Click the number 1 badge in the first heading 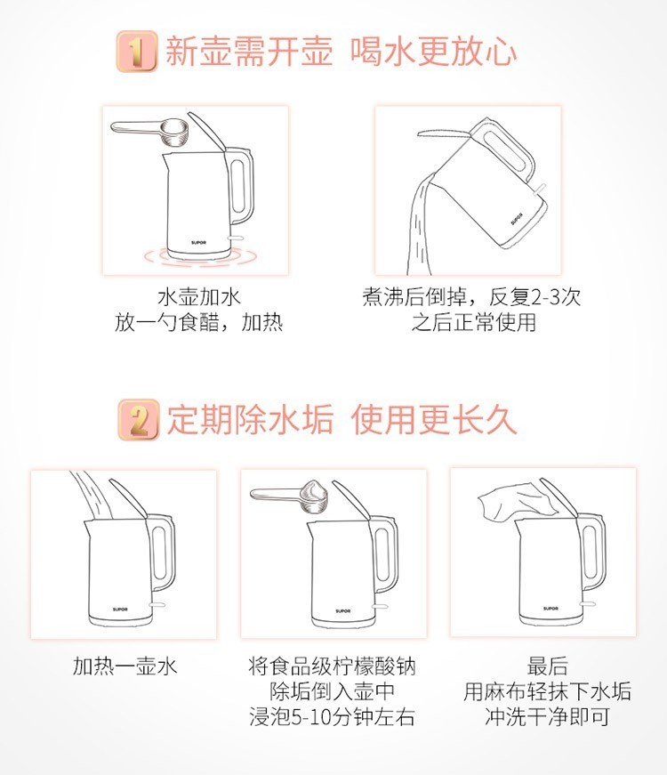coord(137,52)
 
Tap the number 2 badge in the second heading coord(139,420)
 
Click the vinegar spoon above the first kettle coord(149,132)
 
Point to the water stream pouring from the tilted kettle coord(421,225)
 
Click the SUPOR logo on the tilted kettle coord(517,219)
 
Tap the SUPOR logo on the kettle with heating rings coord(198,243)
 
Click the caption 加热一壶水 coord(125,666)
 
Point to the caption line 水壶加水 coord(199,297)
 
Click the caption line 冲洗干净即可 coord(547,716)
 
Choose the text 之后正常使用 coord(474,323)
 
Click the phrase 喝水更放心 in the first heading coord(434,52)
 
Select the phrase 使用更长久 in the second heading coord(434,420)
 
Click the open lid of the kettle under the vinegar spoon coord(207,133)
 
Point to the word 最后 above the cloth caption coord(547,666)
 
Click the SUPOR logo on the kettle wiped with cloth coord(550,609)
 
